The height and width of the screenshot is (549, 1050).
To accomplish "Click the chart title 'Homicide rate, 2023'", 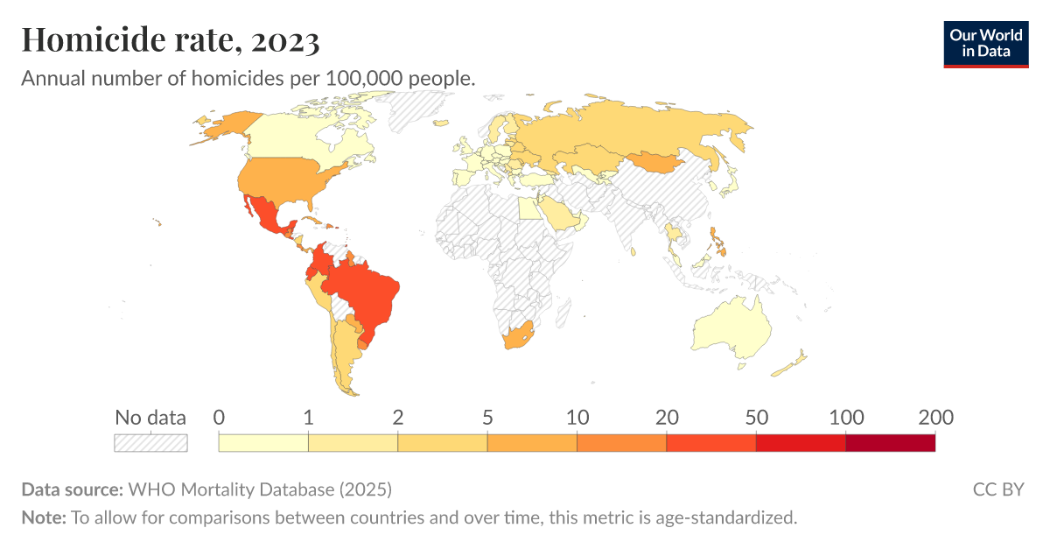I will pyautogui.click(x=171, y=39).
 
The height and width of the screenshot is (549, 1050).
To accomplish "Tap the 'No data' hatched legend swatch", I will pyautogui.click(x=150, y=443).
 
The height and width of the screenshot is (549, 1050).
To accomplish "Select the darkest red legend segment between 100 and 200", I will pyautogui.click(x=890, y=443).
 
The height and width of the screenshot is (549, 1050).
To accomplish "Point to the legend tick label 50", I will pyautogui.click(x=756, y=418).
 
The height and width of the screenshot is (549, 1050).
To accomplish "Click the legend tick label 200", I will pyautogui.click(x=934, y=418).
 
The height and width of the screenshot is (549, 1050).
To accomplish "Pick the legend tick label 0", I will pyautogui.click(x=219, y=418).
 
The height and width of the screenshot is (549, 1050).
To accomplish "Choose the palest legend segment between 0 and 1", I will pyautogui.click(x=263, y=443).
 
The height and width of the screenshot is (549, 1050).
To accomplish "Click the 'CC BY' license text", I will pyautogui.click(x=997, y=489).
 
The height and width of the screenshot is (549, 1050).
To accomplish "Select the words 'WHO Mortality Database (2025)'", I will pyautogui.click(x=260, y=489).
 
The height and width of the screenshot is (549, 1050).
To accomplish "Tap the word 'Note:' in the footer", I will pyautogui.click(x=44, y=517).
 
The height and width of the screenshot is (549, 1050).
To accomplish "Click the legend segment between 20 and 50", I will pyautogui.click(x=710, y=443).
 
